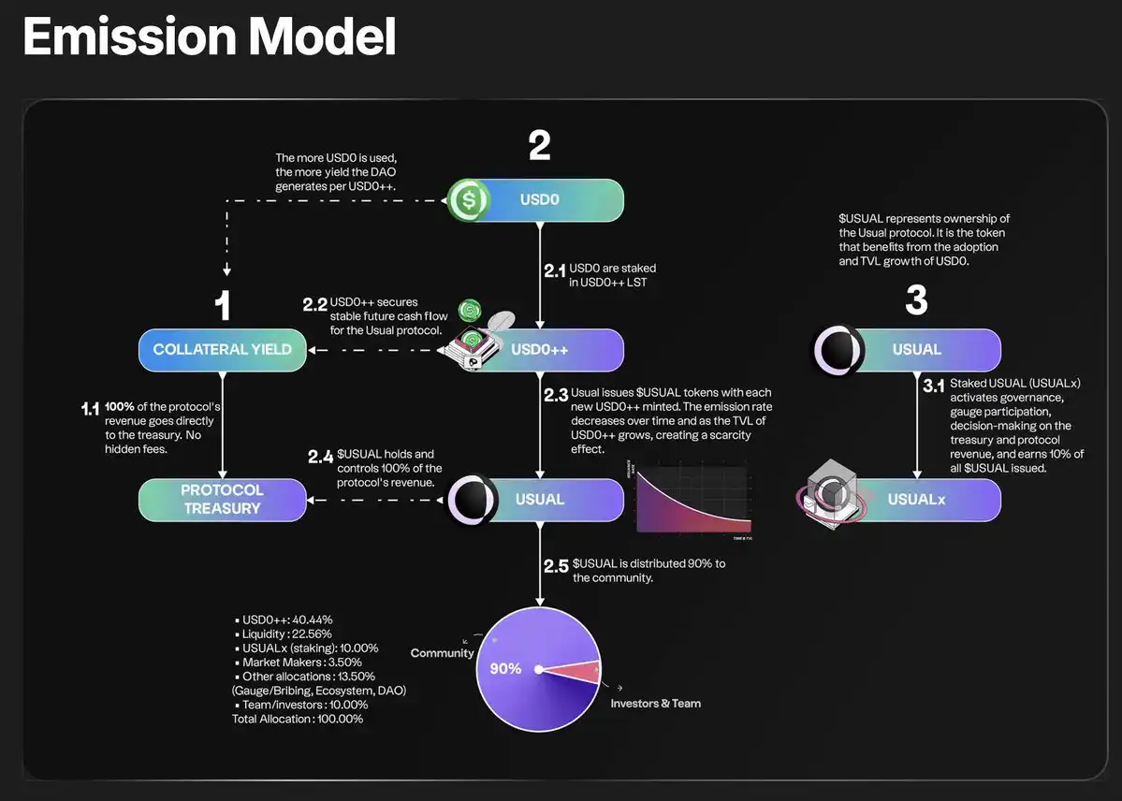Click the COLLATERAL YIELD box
(222, 350)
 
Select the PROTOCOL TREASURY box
(222, 500)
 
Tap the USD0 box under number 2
(539, 200)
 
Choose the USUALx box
(916, 500)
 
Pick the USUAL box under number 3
(916, 350)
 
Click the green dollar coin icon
(469, 200)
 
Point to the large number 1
(222, 306)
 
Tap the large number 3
(916, 300)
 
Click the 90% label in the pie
(505, 669)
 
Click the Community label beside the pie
(442, 653)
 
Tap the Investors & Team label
(655, 704)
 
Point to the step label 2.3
(556, 395)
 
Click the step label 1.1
(91, 408)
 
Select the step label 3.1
(933, 384)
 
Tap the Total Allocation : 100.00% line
(298, 719)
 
